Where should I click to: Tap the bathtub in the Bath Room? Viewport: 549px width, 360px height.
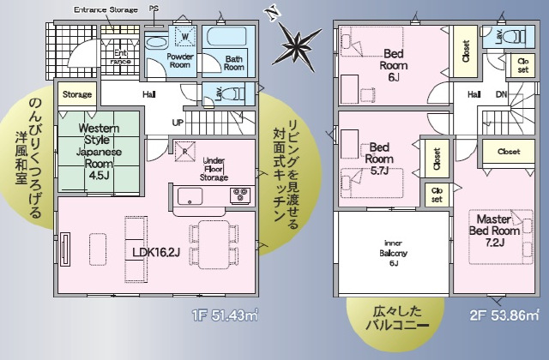pyautogui.click(x=228, y=37)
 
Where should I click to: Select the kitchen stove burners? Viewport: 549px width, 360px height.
pyautogui.click(x=240, y=195)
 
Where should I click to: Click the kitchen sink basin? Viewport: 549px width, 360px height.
pyautogui.click(x=190, y=196)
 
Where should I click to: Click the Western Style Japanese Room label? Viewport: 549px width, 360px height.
pyautogui.click(x=100, y=151)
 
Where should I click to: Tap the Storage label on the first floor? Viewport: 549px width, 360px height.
pyautogui.click(x=77, y=94)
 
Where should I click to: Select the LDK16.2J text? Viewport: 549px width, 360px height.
pyautogui.click(x=156, y=252)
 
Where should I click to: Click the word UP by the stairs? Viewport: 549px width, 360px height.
pyautogui.click(x=178, y=123)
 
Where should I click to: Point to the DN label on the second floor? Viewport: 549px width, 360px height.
pyautogui.click(x=501, y=94)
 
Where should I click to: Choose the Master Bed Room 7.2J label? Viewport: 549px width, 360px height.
pyautogui.click(x=494, y=231)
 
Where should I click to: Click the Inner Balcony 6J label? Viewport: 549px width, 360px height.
pyautogui.click(x=393, y=253)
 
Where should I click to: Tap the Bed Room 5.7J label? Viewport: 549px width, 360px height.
pyautogui.click(x=379, y=159)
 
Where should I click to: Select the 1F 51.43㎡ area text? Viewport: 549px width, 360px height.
pyautogui.click(x=225, y=315)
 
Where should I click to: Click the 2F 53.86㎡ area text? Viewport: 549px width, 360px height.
pyautogui.click(x=504, y=315)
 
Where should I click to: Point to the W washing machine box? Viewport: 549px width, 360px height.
pyautogui.click(x=185, y=36)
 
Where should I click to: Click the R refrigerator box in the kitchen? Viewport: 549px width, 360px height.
pyautogui.click(x=185, y=151)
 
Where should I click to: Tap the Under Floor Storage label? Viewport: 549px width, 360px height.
pyautogui.click(x=214, y=169)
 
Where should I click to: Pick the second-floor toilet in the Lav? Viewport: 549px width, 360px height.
pyautogui.click(x=517, y=36)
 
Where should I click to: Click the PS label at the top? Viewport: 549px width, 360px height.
pyautogui.click(x=154, y=9)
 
